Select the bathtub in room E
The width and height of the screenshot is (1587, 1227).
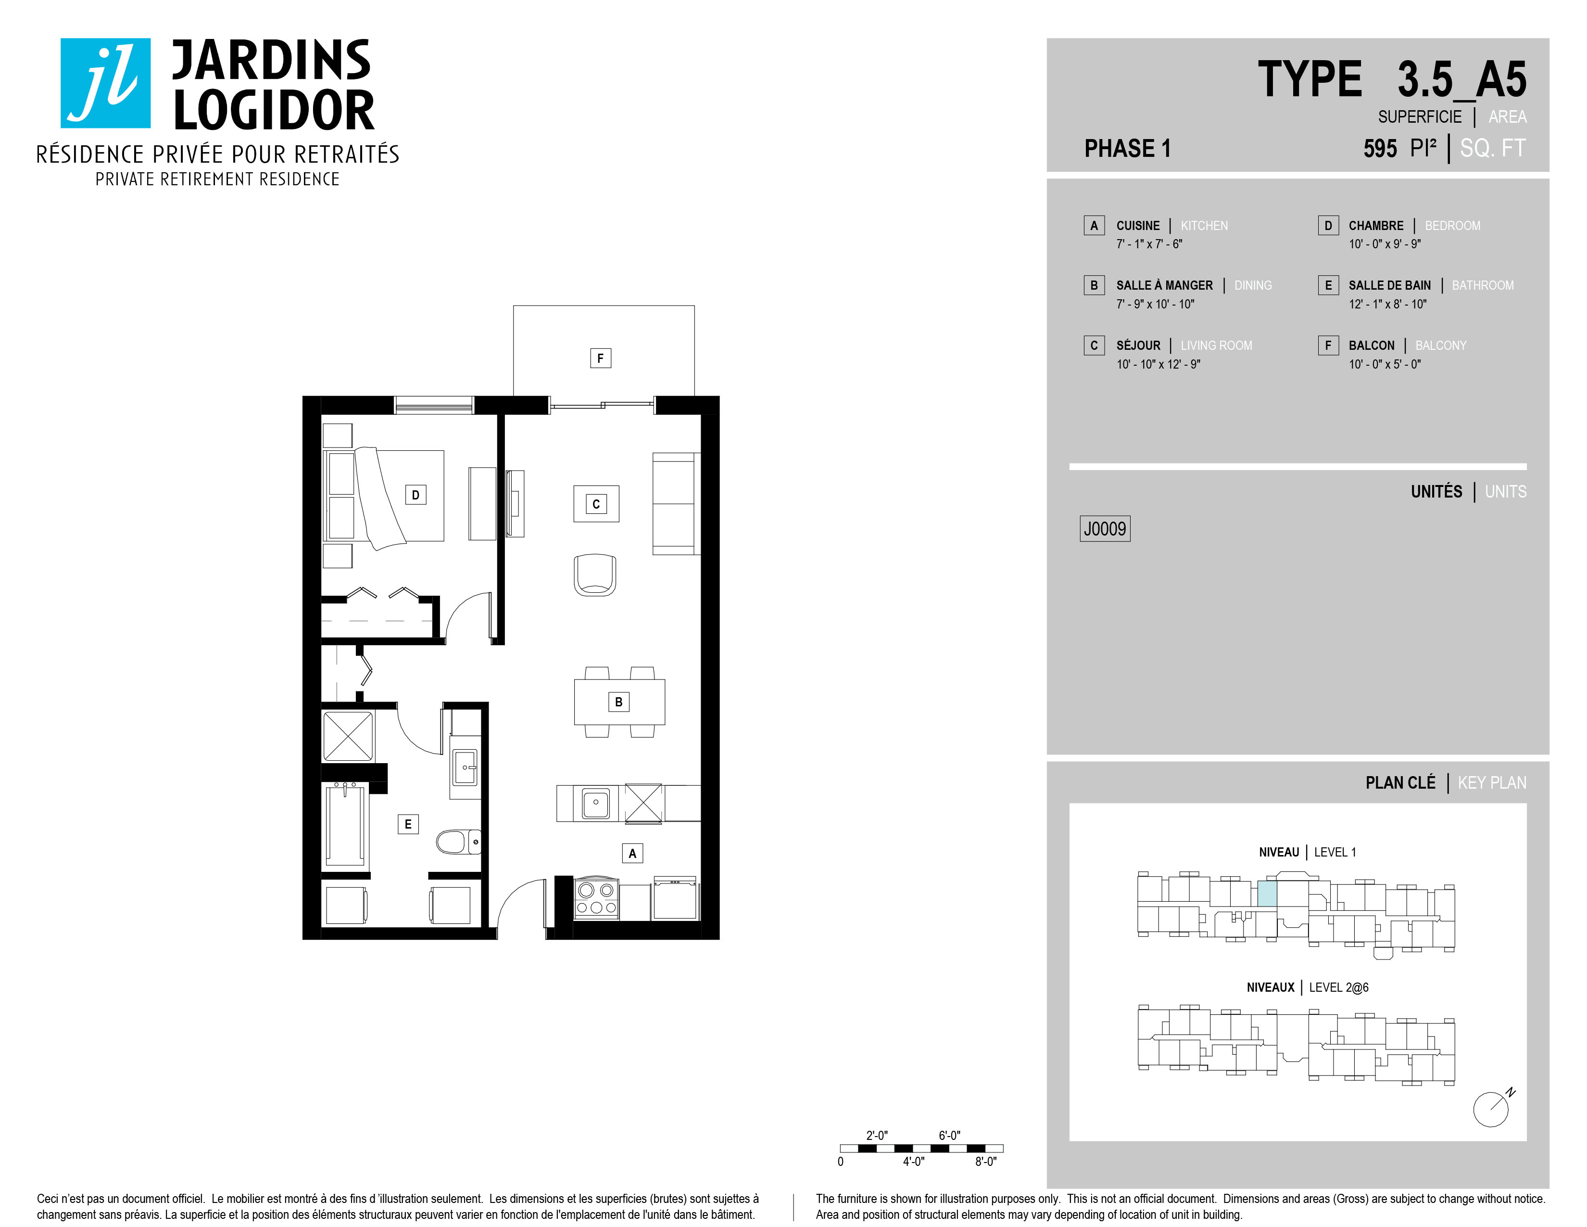pos(345,826)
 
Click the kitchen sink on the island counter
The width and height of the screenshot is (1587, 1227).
pos(596,803)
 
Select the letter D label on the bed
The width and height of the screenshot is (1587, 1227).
pos(416,495)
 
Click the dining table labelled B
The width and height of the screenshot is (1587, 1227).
pos(619,702)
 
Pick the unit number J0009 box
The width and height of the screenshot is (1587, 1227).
pos(1105,528)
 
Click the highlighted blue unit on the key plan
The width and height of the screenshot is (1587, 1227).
pos(1267,894)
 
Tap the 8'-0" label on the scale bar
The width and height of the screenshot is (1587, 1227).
pos(985,1162)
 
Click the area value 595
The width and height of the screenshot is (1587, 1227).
pos(1380,148)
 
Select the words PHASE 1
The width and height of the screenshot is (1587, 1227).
pos(1127,148)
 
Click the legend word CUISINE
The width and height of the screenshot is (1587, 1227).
pos(1138,225)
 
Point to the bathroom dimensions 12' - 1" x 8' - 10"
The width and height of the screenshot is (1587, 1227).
pos(1387,304)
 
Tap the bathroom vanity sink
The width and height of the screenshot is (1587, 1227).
pos(465,767)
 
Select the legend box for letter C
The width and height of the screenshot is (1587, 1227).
pos(1094,345)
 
